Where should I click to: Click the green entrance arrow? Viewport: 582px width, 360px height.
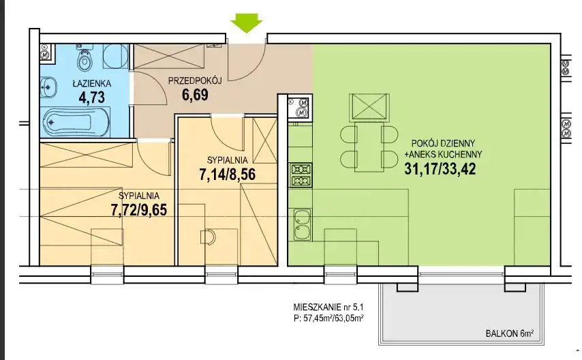click(x=247, y=22)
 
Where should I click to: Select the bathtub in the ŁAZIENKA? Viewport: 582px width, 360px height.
click(x=76, y=122)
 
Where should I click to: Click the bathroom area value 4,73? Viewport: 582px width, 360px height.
click(x=92, y=97)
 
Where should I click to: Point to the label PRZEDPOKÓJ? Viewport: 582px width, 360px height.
click(x=195, y=80)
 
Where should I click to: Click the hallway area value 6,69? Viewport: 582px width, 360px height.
click(x=195, y=95)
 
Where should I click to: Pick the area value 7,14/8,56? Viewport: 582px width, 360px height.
click(x=227, y=175)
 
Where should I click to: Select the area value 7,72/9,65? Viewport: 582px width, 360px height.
click(x=139, y=210)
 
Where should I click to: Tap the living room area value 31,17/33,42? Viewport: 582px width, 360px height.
click(x=440, y=169)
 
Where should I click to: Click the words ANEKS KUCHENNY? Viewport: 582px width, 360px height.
click(x=446, y=154)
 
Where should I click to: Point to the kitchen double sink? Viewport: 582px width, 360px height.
click(x=302, y=224)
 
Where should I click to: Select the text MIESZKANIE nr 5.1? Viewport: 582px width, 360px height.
click(x=328, y=307)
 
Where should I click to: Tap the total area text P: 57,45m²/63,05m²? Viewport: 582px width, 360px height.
click(x=328, y=318)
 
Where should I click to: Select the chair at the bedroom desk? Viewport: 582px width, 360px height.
click(x=208, y=237)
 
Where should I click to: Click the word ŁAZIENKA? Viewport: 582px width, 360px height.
click(x=92, y=84)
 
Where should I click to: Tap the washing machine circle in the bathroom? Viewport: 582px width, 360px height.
click(x=114, y=57)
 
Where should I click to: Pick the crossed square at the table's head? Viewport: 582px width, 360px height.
click(x=369, y=107)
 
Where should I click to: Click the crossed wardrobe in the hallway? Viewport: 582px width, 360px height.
click(x=169, y=57)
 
